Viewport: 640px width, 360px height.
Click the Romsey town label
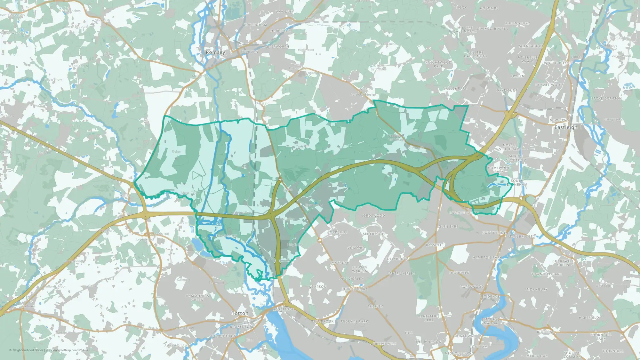(215, 52)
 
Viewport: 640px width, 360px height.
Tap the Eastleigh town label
(566, 127)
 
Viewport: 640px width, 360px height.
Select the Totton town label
(240, 313)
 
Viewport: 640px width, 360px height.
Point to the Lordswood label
(373, 216)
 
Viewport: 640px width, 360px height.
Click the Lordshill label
(338, 232)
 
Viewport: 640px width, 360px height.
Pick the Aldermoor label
(374, 234)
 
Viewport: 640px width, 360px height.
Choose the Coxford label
(356, 248)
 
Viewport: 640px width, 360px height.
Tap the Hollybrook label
(396, 259)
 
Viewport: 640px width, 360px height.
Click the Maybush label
(340, 263)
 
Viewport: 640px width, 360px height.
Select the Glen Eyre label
(448, 227)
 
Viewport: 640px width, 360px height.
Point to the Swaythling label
(494, 233)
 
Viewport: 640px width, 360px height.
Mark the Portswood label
(472, 287)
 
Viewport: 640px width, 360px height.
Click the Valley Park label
(455, 89)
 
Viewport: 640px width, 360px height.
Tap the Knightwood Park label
(438, 64)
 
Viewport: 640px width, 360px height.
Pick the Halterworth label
(275, 47)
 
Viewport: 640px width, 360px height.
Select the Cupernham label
(255, 25)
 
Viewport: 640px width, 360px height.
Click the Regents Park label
(354, 321)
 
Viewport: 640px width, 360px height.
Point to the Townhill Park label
(546, 274)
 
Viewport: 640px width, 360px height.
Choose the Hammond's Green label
(197, 298)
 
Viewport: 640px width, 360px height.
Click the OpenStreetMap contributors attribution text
(69, 350)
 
